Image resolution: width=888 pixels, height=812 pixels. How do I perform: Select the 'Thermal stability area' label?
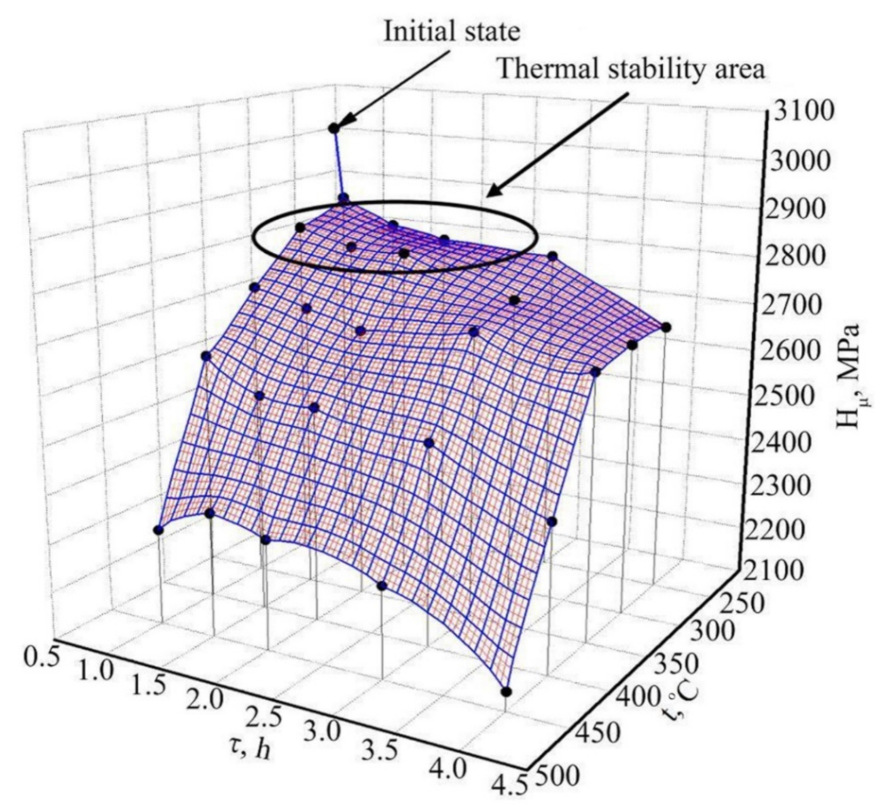(631, 69)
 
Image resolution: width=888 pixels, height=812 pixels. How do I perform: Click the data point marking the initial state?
(334, 128)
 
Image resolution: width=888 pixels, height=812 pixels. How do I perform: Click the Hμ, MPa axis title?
(850, 376)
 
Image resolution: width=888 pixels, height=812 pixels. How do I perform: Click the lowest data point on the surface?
(506, 692)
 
